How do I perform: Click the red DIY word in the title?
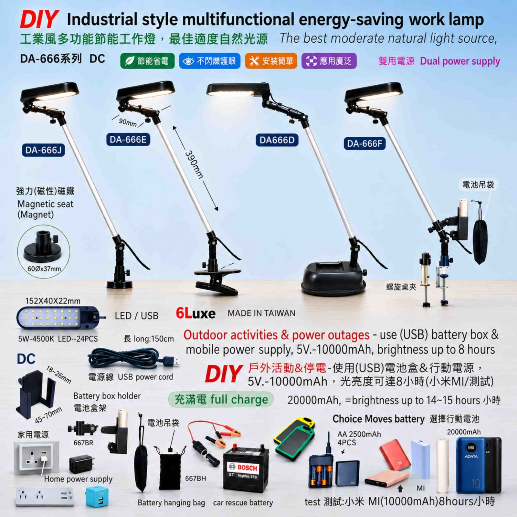tap(39, 19)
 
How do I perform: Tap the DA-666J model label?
tap(43, 150)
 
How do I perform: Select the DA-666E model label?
tap(128, 140)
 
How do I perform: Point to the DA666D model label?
tap(277, 140)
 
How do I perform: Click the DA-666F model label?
tap(364, 143)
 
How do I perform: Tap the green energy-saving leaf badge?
tap(147, 61)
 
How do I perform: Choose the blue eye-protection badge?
tap(210, 61)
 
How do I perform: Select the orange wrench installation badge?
tap(271, 61)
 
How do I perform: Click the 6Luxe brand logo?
tap(195, 313)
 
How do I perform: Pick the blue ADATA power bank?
tap(471, 465)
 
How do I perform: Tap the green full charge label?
tap(221, 400)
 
